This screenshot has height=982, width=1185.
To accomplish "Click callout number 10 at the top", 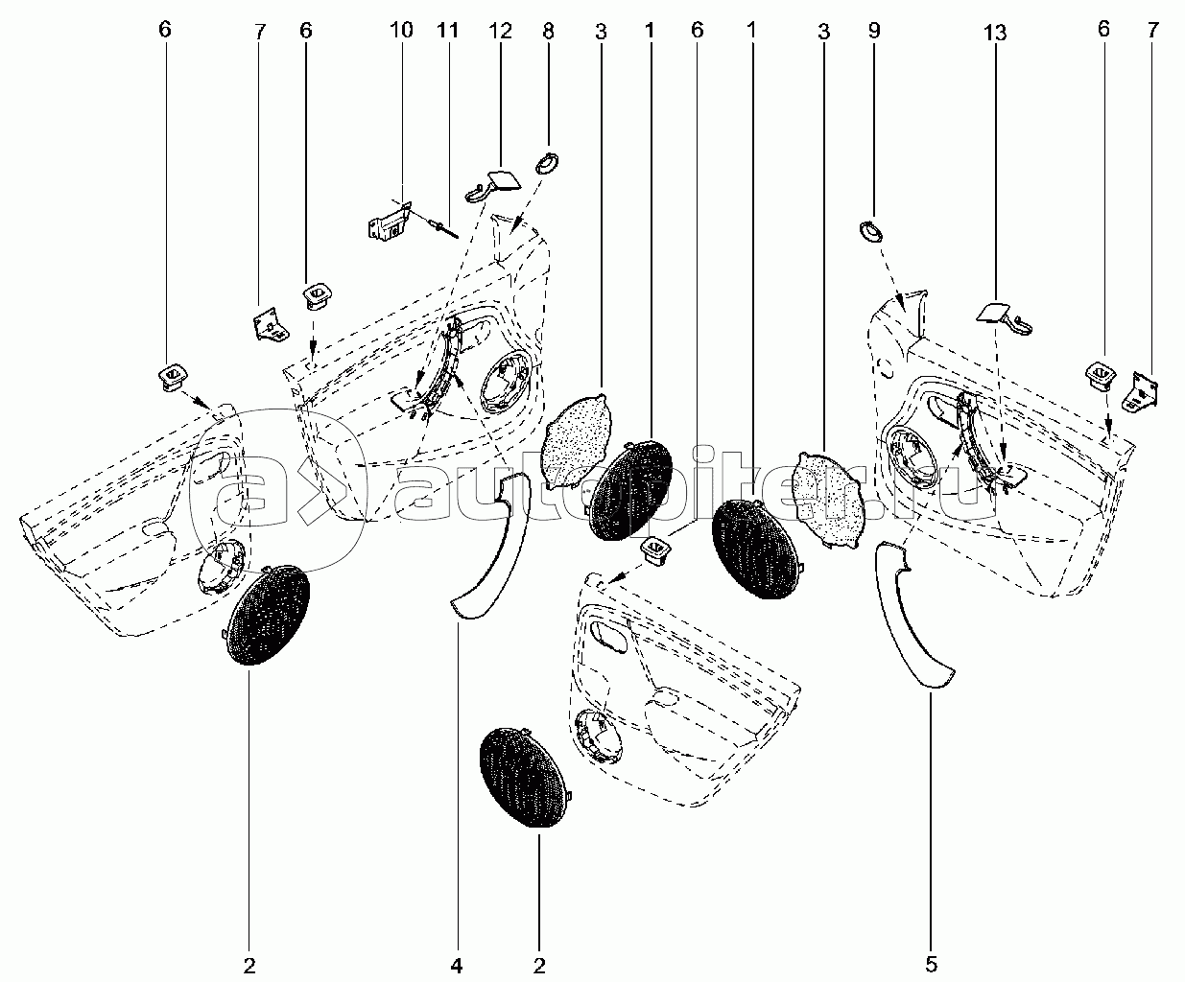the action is coord(401,30).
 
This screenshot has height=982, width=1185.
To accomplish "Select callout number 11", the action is coord(448,30).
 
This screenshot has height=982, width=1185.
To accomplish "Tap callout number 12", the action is coord(500,30).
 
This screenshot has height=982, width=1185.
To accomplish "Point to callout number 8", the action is coord(548,31).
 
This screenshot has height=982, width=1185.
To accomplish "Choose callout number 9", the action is coord(874,31).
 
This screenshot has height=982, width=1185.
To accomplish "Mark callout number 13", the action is coord(994,33).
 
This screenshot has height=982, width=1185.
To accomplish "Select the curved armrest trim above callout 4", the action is coord(491,545).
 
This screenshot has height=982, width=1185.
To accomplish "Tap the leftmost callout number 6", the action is coord(165,30).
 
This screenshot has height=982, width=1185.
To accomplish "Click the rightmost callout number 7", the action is coord(1152,30).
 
